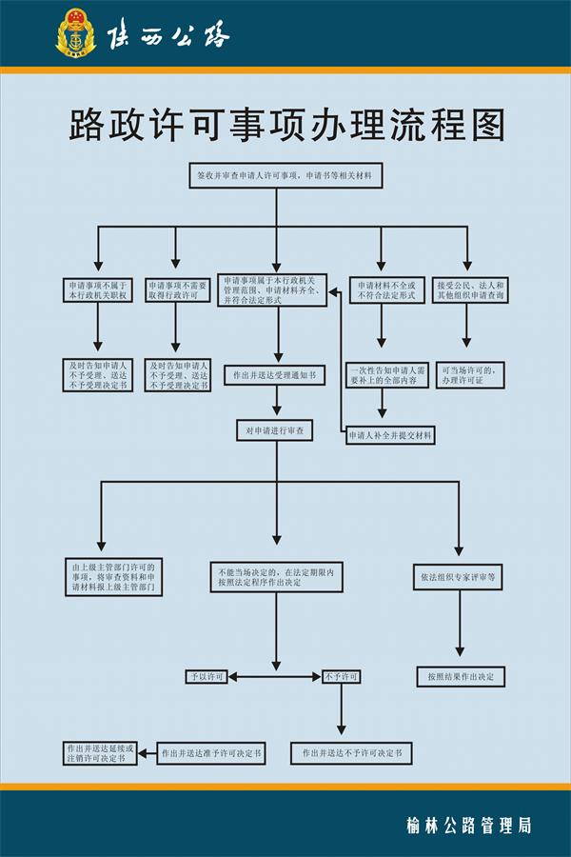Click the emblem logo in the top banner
click(x=76, y=33)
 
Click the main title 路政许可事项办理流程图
click(x=285, y=124)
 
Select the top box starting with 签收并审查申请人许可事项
click(x=285, y=176)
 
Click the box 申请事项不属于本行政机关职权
click(x=97, y=291)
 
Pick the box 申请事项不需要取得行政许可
click(x=178, y=291)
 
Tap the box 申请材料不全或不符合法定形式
click(x=386, y=291)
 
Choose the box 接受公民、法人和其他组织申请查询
click(x=470, y=291)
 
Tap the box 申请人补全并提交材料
click(x=390, y=435)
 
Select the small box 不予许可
click(x=341, y=677)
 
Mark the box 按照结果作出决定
click(x=460, y=677)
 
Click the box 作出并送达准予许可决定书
click(x=210, y=753)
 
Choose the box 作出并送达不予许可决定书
click(x=352, y=753)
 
